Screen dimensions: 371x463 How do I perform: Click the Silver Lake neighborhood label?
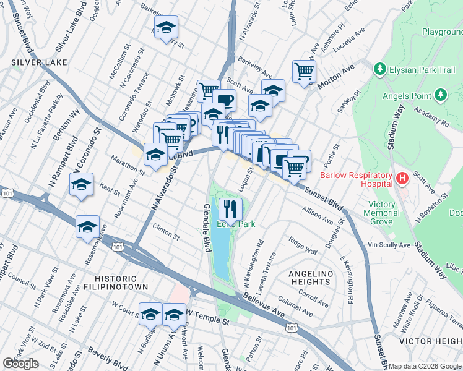point(28,62)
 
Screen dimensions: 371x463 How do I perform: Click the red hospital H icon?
point(402,179)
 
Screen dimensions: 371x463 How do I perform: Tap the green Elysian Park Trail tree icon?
point(379,70)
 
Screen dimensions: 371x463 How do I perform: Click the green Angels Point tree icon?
point(440,95)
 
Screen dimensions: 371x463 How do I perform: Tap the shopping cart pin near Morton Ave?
point(304,72)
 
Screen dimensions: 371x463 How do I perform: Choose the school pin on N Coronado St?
point(81,184)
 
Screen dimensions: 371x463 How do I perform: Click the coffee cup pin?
point(224,100)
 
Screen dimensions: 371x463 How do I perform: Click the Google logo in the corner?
point(20,364)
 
